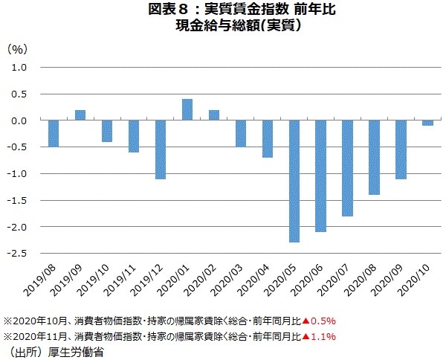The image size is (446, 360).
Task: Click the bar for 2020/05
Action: [294, 181]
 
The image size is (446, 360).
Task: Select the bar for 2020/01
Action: [187, 109]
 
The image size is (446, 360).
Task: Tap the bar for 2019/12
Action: [161, 150]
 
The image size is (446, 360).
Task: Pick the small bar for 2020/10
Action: [428, 123]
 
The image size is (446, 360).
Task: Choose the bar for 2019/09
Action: [80, 115]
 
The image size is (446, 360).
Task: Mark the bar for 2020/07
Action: [348, 168]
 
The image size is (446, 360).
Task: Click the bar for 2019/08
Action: [54, 133]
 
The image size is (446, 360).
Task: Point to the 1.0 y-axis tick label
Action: [19, 67]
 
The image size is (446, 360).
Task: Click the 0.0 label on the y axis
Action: [19, 120]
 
